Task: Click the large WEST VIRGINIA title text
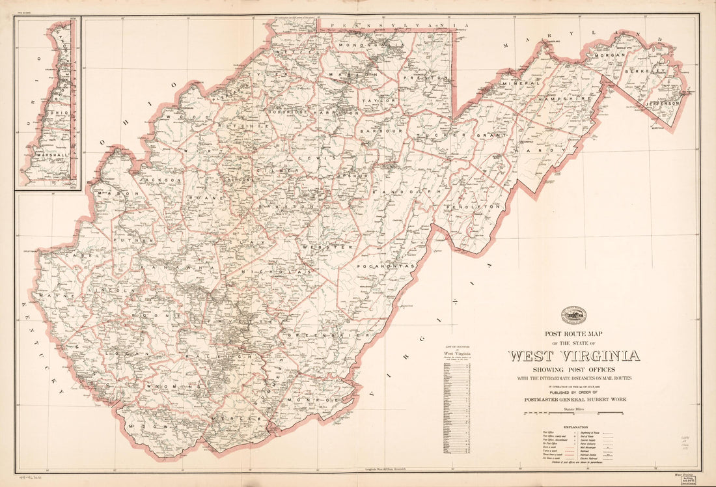(x=573, y=356)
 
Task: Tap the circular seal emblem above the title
(x=574, y=316)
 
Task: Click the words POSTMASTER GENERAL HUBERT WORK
(x=573, y=399)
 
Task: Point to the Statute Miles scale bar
(x=573, y=412)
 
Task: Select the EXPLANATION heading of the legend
(x=573, y=427)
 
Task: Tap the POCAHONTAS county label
(x=386, y=266)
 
